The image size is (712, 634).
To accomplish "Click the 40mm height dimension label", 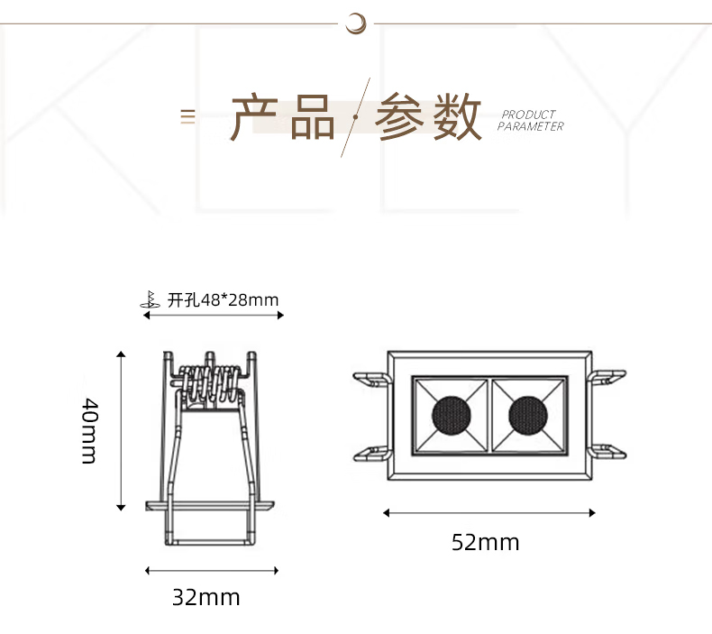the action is [89, 431].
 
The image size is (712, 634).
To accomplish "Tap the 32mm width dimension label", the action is [206, 597].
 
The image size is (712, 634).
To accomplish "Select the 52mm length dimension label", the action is [486, 542].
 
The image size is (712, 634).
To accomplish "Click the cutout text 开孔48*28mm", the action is [223, 300].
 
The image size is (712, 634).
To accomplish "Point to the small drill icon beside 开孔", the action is [150, 299].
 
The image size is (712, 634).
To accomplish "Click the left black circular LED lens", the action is [451, 416].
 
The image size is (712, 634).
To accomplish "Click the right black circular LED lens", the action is [528, 416].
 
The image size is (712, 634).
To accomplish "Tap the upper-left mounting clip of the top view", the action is [372, 379].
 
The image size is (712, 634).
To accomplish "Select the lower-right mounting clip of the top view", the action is [607, 452].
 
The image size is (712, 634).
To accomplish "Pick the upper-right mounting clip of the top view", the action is [607, 377].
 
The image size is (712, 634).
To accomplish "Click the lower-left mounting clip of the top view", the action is [372, 454].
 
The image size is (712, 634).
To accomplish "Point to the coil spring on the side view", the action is [210, 384].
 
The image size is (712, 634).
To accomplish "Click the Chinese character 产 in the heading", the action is [254, 117].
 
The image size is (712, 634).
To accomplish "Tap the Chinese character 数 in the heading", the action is [456, 117].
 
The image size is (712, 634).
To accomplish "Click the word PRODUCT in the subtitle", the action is [528, 114].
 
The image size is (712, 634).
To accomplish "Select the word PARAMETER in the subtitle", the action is [530, 126].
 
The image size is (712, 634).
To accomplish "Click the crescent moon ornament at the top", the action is [356, 23].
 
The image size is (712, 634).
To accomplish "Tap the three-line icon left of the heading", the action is [188, 117].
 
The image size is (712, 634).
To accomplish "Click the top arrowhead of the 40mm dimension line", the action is [121, 354].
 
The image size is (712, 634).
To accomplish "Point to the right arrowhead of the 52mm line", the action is [591, 513].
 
